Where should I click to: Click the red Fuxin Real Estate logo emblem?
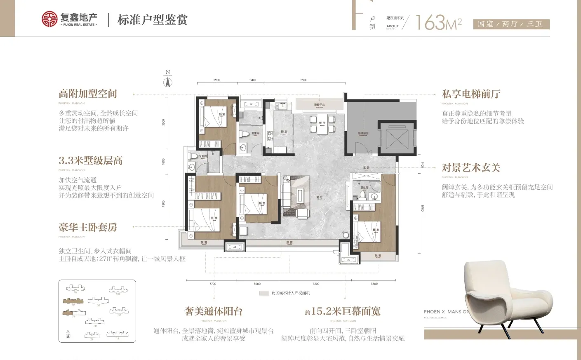pyautogui.click(x=49, y=19)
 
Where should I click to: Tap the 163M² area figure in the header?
pyautogui.click(x=438, y=22)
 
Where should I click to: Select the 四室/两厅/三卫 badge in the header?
pyautogui.click(x=510, y=24)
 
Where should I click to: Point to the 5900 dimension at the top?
pyautogui.click(x=304, y=80)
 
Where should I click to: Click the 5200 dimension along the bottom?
pyautogui.click(x=316, y=284)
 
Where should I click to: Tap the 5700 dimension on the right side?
pyautogui.click(x=422, y=208)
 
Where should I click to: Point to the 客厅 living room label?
pyautogui.click(x=320, y=198)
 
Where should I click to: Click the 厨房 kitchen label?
pyautogui.click(x=284, y=132)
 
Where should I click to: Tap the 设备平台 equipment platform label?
pyautogui.click(x=319, y=105)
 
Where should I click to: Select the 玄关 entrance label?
pyautogui.click(x=366, y=168)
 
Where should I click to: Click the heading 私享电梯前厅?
pyautogui.click(x=471, y=94)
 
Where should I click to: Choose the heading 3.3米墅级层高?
pyautogui.click(x=90, y=160)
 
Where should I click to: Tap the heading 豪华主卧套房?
pyautogui.click(x=88, y=227)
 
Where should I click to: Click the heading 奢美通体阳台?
pyautogui.click(x=213, y=311)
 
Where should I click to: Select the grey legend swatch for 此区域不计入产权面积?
pyautogui.click(x=264, y=293)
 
